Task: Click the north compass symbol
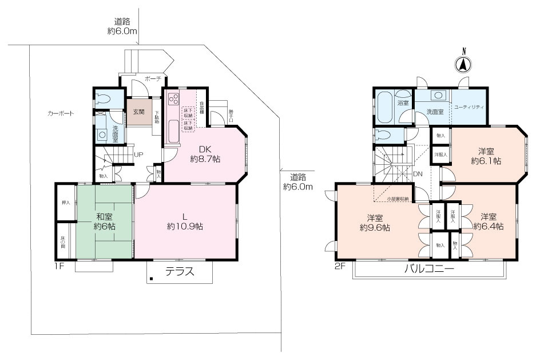point(463,65)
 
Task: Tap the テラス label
point(180,272)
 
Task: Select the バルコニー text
point(429,270)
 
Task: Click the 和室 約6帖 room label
point(105,221)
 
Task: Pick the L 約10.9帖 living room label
point(185,221)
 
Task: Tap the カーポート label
point(61,114)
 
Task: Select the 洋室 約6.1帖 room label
point(486,156)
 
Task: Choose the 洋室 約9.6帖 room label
point(375,222)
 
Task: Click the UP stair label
point(138,155)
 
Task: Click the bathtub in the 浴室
point(385,106)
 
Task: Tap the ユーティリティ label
point(469,107)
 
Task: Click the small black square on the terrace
point(152,279)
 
